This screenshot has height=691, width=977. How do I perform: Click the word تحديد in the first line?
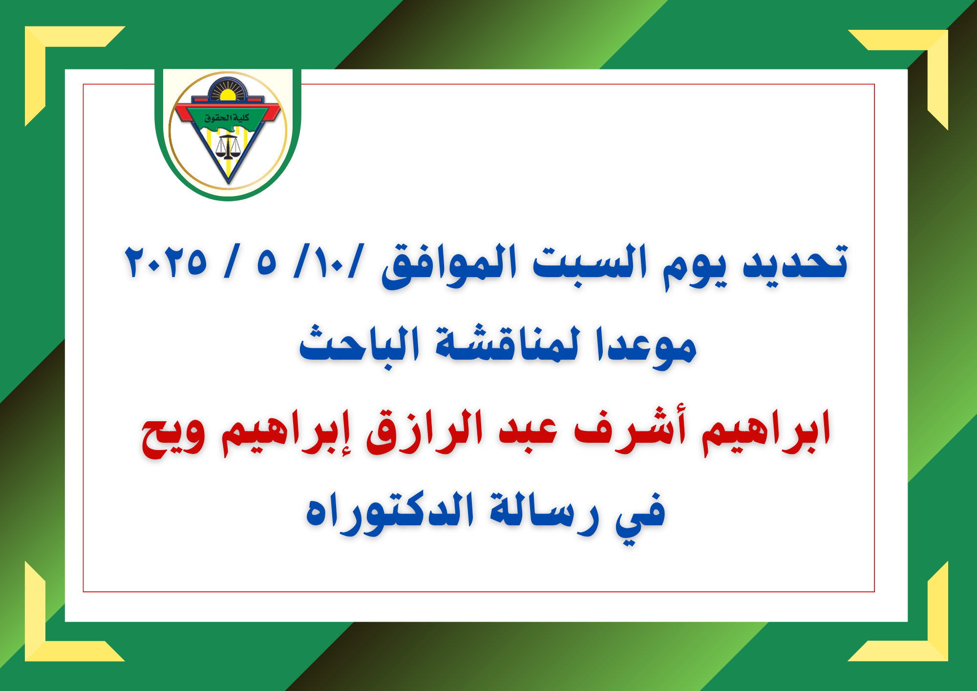[x=795, y=262]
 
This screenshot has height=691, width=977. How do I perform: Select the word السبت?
[x=590, y=262]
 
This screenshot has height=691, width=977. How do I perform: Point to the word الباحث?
[x=359, y=344]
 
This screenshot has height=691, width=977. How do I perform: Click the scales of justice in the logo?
[x=228, y=147]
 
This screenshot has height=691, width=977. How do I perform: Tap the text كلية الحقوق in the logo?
[x=227, y=118]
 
